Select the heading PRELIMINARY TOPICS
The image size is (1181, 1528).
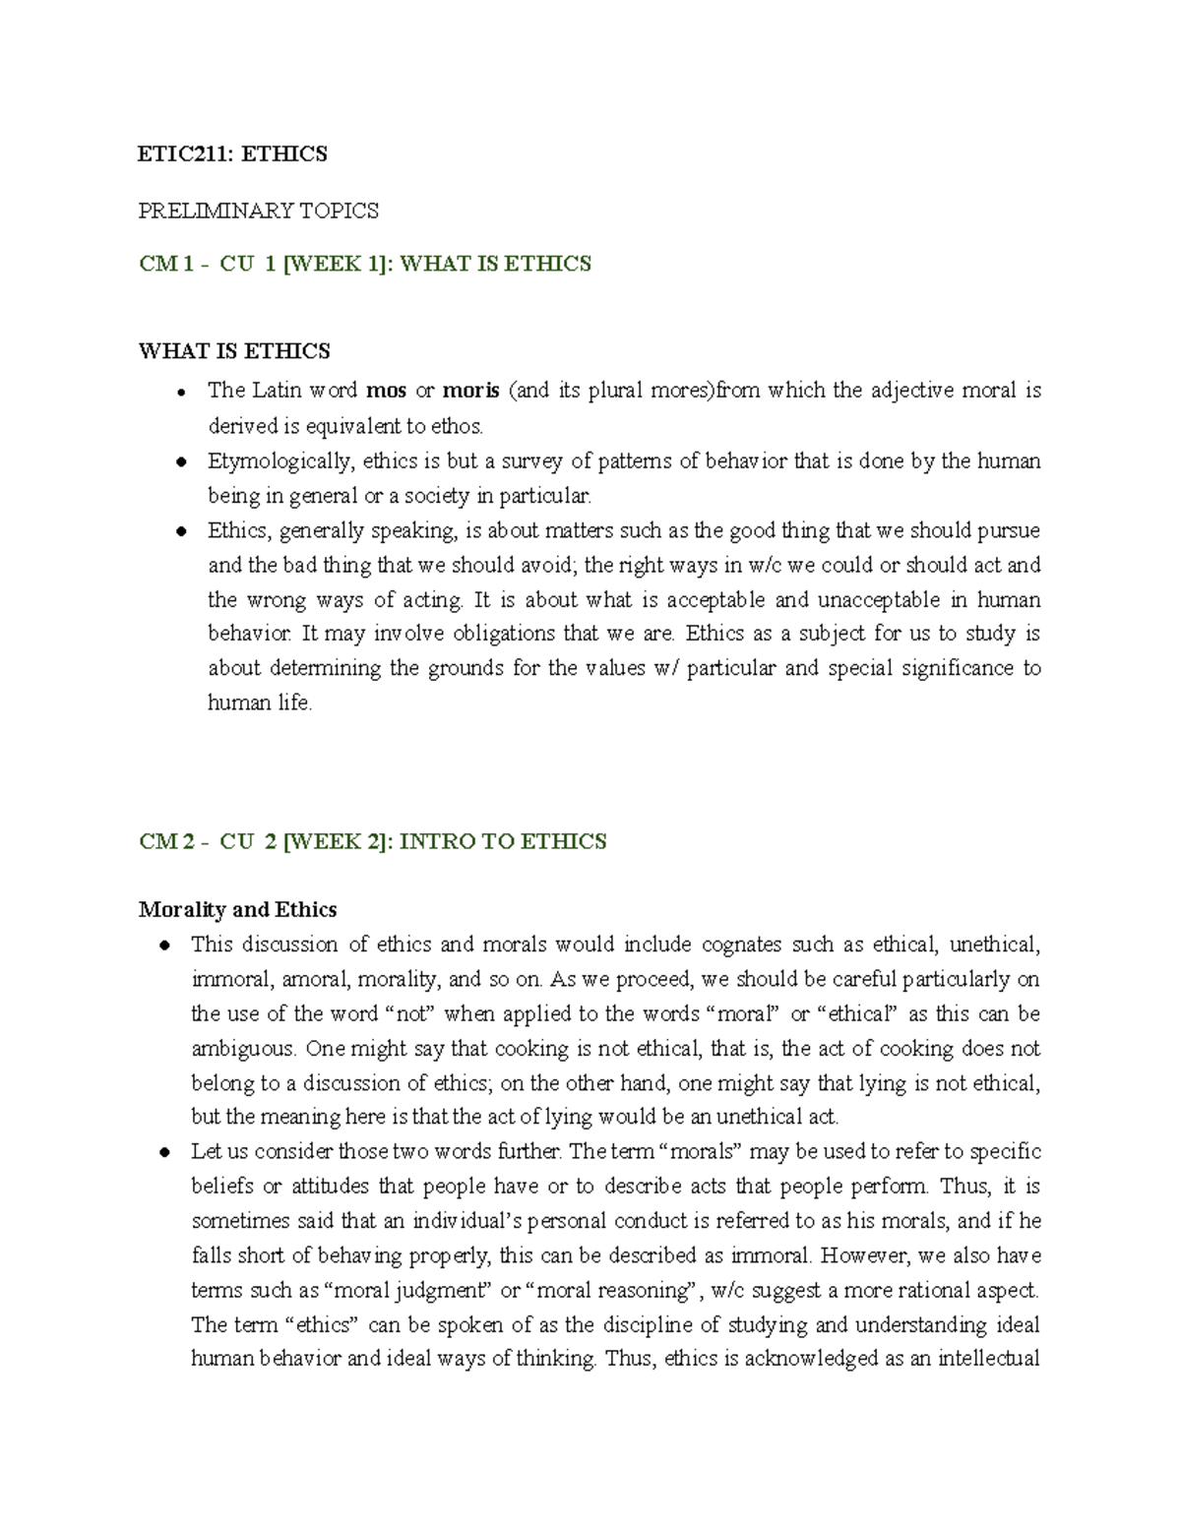point(258,211)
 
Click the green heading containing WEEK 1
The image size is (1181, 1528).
point(364,264)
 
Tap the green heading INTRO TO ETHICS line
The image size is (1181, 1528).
point(372,841)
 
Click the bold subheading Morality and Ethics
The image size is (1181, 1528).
point(237,909)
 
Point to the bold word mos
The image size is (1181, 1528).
point(386,391)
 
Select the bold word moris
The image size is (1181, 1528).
point(471,391)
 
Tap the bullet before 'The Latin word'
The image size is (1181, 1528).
point(181,393)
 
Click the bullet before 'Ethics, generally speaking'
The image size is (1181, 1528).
point(181,532)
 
